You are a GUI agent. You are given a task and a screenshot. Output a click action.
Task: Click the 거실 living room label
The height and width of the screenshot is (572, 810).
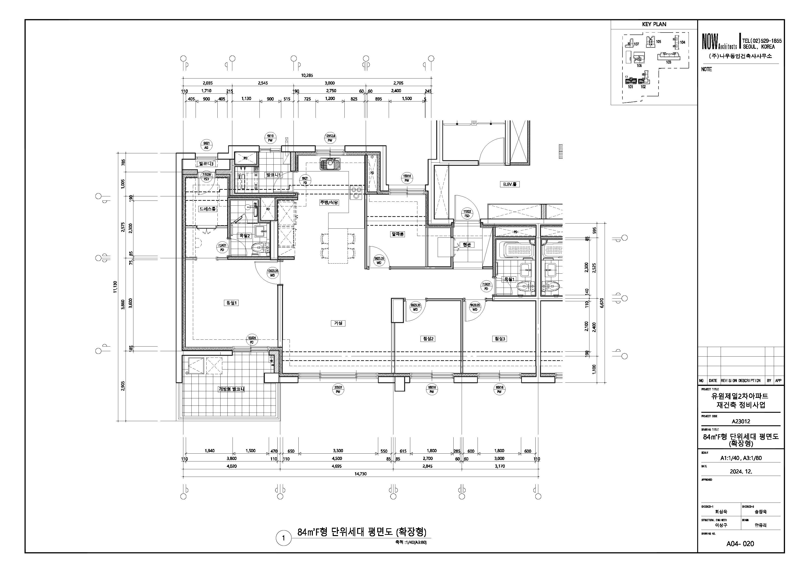tap(338, 323)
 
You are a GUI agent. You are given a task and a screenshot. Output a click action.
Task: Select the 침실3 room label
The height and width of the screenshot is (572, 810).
tap(500, 339)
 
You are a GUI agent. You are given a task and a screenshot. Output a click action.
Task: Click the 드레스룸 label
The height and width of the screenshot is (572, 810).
tap(207, 209)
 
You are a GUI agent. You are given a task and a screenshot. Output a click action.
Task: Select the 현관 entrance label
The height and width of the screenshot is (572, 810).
tap(467, 245)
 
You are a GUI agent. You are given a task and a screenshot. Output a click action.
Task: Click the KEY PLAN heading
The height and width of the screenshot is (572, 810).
tap(654, 24)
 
